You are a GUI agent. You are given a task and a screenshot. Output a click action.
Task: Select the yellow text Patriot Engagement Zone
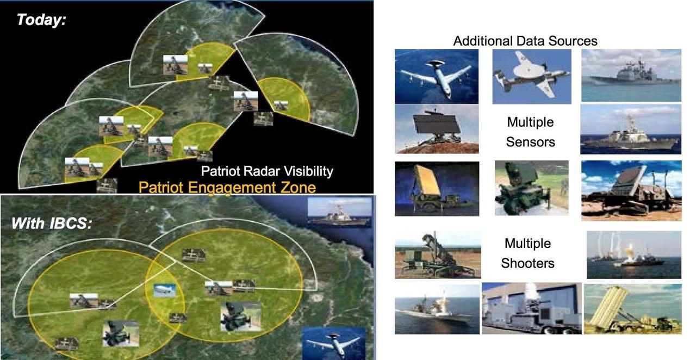pos(227,188)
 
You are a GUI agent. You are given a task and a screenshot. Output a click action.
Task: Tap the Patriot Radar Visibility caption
pos(267,171)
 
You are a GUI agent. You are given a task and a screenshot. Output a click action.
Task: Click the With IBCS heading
pos(52,224)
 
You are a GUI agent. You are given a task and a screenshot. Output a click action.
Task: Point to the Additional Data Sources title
pos(525,41)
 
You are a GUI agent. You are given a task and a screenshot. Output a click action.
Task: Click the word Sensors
pos(530,142)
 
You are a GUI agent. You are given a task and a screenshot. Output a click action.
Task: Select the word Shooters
pos(527,263)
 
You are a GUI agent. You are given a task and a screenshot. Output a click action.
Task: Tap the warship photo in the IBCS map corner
pos(340,213)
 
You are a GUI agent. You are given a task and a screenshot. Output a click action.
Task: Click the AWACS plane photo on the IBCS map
pos(334,343)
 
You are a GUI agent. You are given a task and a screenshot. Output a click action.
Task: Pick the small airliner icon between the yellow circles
pos(165,290)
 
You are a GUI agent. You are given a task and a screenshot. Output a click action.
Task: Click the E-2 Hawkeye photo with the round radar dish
pos(532,77)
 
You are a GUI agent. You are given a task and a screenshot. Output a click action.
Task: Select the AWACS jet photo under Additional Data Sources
pos(437,77)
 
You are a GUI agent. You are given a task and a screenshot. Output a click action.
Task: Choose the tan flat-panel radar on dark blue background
pos(437,189)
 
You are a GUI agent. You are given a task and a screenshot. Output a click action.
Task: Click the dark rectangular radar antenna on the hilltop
pos(437,129)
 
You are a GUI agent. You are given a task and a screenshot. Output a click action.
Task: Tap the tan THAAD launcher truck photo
pos(632,309)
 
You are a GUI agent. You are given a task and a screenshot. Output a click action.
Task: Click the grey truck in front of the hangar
pos(531,308)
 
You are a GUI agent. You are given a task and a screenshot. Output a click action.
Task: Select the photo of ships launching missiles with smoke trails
pos(634,255)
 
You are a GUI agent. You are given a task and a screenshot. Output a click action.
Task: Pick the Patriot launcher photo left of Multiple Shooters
pos(438,255)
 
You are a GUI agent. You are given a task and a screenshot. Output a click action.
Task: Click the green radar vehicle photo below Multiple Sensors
pos(532,188)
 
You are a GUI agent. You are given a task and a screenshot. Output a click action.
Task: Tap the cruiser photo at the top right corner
pos(631,75)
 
